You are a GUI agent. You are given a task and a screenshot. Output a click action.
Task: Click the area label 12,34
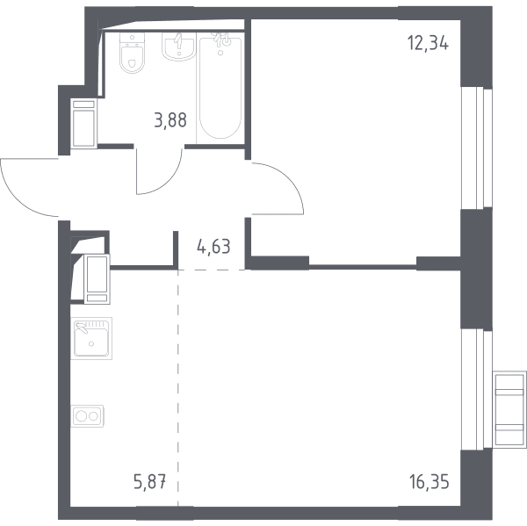coord(428,43)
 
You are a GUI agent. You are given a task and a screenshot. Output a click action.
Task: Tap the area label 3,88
coord(170,120)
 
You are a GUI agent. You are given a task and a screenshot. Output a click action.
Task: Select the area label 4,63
coord(213,247)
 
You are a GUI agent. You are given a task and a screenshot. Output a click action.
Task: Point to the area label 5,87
coord(150,482)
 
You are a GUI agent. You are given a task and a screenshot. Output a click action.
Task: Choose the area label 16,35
coord(429,482)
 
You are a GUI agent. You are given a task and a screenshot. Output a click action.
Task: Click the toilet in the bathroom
coord(132,53)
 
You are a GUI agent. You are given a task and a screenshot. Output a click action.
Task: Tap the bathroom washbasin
coord(178,47)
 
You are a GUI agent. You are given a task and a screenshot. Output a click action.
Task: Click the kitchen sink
coord(91,338)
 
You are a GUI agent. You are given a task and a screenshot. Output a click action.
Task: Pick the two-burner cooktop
coord(87,416)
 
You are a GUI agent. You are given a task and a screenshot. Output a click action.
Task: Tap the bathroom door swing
coord(159,171)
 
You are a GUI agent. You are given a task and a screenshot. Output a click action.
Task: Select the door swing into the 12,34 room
coord(278,188)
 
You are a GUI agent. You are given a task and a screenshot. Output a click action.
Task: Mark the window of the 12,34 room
coord(476,148)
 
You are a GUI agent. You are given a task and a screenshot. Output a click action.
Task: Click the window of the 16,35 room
coord(476,389)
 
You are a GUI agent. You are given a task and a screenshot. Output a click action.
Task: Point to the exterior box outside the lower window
coord(509,409)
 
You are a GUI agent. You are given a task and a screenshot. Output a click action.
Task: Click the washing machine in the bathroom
coord(83,123)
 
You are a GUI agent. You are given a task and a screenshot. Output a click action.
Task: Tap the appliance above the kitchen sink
coord(97,279)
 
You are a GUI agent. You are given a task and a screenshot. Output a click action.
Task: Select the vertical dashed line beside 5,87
coord(178,387)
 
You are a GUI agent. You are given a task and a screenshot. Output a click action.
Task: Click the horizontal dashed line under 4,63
coord(212,270)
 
